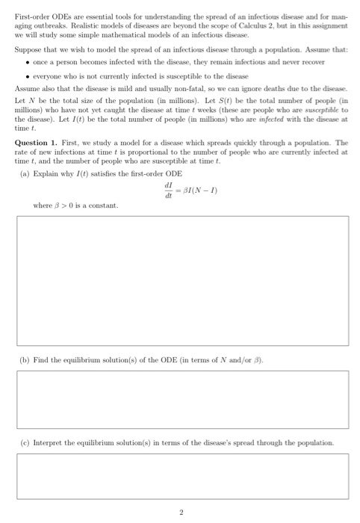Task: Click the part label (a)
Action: (26, 173)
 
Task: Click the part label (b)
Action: (26, 360)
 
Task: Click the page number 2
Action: (180, 513)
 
